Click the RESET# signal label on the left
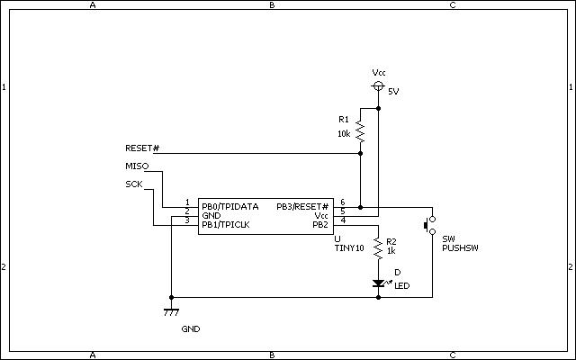pos(142,148)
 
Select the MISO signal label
pos(136,166)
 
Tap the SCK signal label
pos(134,184)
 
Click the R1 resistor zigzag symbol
pos(360,131)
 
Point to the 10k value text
pos(344,133)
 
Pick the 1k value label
pos(391,250)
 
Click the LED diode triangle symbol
pos(378,283)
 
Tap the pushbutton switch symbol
pos(429,225)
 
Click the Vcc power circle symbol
pos(378,86)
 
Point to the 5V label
pos(393,92)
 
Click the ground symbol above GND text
pos(170,311)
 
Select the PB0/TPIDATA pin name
pos(230,206)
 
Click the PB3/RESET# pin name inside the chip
pos(302,206)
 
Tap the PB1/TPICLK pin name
pos(226,224)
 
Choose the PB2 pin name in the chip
pos(320,224)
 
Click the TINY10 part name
pos(349,247)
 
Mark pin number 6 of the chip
pos(342,202)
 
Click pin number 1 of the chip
pos(187,202)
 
